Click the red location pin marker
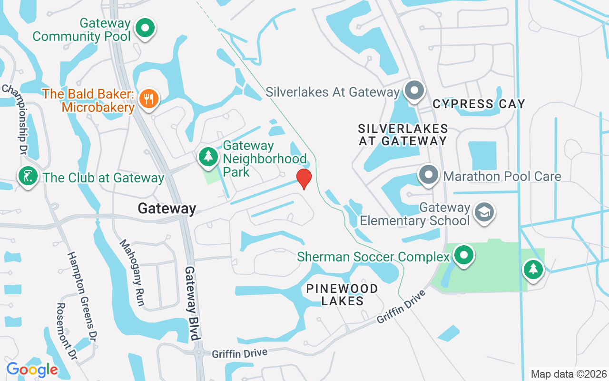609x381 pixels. tap(304, 179)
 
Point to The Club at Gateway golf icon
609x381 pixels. tap(28, 177)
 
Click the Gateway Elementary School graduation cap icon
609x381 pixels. tap(485, 212)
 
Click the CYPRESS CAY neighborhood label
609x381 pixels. tap(479, 104)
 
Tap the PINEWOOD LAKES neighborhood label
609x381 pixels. tap(342, 295)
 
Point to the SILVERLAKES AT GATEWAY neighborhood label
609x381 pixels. tap(403, 135)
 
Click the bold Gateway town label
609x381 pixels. tap(167, 209)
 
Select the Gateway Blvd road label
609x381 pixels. tap(191, 303)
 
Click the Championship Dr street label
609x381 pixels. tap(14, 119)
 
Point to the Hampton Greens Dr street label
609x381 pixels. tap(82, 295)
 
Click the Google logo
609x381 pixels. tap(32, 370)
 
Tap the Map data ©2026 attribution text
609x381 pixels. tap(569, 374)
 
